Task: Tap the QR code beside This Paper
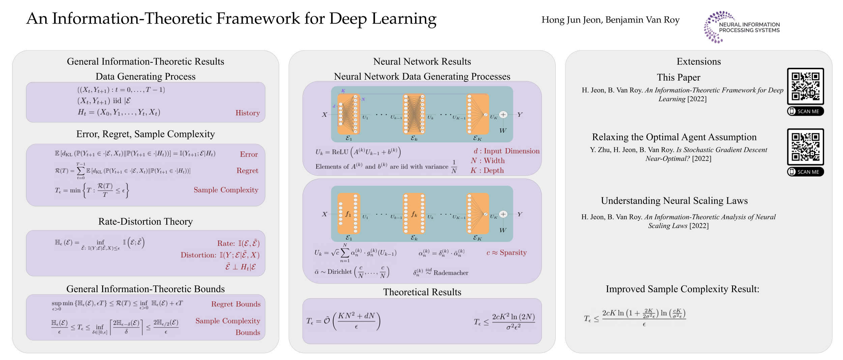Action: point(805,86)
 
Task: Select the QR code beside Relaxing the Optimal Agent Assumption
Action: point(805,147)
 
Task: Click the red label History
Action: point(248,113)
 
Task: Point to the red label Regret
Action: point(247,171)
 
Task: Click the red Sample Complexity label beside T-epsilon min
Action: point(226,190)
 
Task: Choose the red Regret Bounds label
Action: point(236,304)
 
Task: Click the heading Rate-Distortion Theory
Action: point(145,222)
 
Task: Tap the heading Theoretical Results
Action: point(422,292)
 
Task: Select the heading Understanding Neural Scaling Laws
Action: point(674,201)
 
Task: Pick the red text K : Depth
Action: point(487,171)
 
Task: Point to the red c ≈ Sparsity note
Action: point(506,253)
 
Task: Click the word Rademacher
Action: point(451,273)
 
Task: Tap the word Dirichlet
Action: point(339,272)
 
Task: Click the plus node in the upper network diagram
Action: point(503,115)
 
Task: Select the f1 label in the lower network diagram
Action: point(348,214)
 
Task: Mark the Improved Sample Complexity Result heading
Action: point(682,289)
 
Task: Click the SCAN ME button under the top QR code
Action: point(805,111)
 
